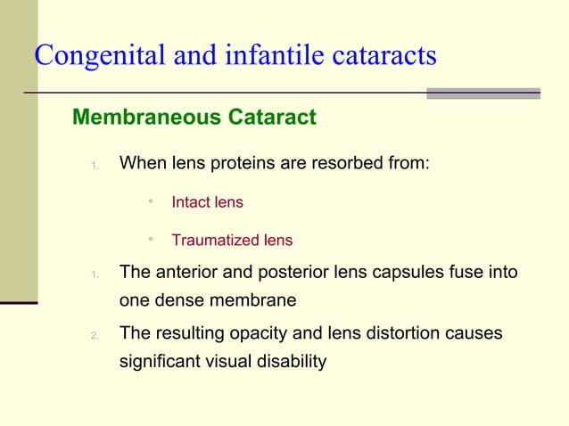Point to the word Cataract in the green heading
(x=273, y=118)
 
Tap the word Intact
(x=190, y=202)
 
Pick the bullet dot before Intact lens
(x=152, y=201)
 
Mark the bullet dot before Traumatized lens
(x=152, y=239)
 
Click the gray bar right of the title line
(x=483, y=93)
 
